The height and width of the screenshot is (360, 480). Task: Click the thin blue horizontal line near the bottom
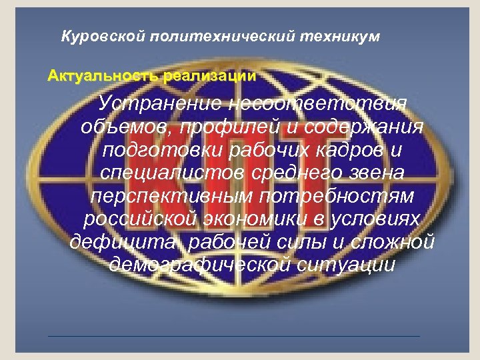pyautogui.click(x=234, y=336)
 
